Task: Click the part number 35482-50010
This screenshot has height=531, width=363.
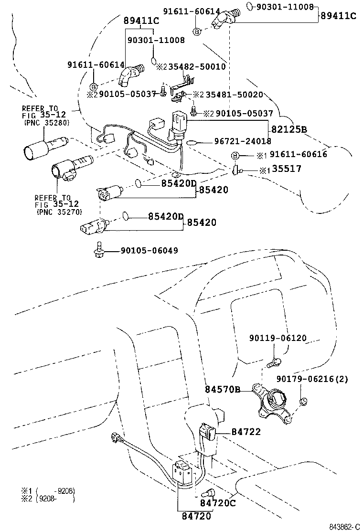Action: click(x=197, y=67)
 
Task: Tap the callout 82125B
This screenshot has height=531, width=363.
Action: click(x=289, y=129)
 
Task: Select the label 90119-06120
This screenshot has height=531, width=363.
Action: click(x=278, y=338)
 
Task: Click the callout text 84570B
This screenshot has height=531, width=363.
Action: click(x=223, y=390)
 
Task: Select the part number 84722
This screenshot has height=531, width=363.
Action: click(x=246, y=432)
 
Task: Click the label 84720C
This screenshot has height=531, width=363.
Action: click(x=217, y=502)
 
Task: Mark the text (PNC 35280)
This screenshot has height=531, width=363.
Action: click(x=46, y=123)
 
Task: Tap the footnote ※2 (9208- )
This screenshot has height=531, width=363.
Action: click(x=48, y=499)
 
